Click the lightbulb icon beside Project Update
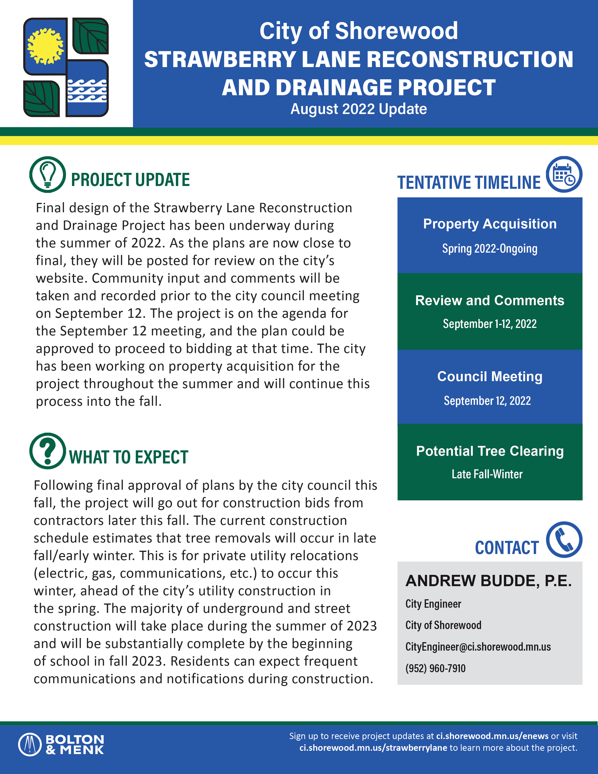pos(47,175)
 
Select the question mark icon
pos(47,451)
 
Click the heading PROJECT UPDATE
pos(130,180)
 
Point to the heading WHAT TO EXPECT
pos(129,457)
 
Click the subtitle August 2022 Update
pos(359,109)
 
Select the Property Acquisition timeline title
pos(490,224)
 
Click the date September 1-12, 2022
pos(490,324)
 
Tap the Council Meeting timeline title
pos(490,376)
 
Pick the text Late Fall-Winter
pos(487,474)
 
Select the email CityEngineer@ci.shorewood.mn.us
pos(478,647)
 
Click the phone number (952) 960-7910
pos(435,668)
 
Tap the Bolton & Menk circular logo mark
pos(30,744)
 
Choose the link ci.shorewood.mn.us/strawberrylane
pos(373,748)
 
